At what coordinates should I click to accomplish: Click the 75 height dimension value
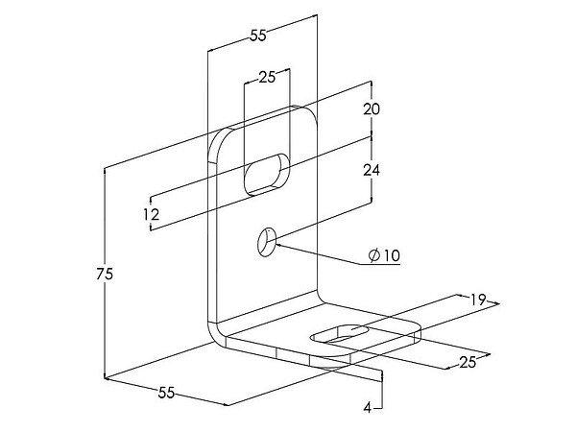105,274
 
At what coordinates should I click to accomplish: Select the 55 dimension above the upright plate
258,36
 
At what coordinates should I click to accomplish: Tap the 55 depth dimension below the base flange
166,393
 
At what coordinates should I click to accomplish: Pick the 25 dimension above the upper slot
267,77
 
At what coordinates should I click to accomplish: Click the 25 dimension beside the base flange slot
468,362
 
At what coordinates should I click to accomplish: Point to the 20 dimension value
372,109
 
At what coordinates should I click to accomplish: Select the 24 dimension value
372,170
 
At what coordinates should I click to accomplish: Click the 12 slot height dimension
152,214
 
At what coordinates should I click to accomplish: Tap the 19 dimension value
478,300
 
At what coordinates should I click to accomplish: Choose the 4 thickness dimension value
368,407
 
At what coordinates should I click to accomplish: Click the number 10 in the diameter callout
392,255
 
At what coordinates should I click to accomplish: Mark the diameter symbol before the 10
374,255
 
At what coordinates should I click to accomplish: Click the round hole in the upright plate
266,242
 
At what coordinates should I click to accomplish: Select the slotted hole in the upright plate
267,175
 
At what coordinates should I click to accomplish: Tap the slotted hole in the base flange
340,334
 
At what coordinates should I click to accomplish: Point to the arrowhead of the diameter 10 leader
278,245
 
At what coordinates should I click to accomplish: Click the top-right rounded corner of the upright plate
310,114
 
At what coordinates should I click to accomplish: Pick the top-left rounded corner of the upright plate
217,137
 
